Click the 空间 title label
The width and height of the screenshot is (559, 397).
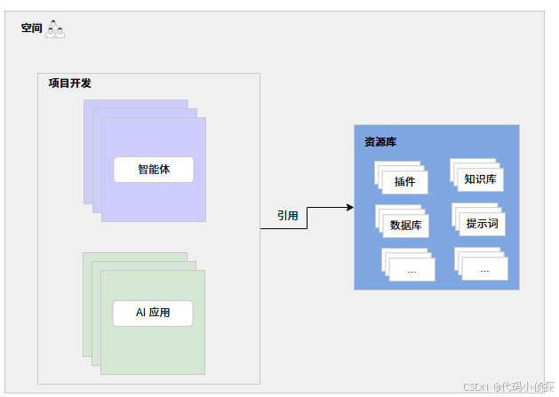[32, 28]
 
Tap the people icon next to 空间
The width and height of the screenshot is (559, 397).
[56, 29]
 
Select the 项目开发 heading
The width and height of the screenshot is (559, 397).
[69, 83]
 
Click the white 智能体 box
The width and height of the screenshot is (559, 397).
[154, 169]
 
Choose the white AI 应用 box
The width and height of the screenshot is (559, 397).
[152, 313]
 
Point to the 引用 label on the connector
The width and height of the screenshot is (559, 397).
[287, 215]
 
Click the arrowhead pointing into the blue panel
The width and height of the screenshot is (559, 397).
[348, 207]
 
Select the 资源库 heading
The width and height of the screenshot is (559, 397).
[380, 141]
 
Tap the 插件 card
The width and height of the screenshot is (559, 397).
[405, 181]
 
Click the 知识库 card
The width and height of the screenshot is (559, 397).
[481, 179]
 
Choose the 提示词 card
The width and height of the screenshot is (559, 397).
[482, 224]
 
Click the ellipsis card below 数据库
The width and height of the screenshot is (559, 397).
[412, 268]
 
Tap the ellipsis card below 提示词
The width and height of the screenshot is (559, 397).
[484, 268]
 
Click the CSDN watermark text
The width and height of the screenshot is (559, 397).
[476, 386]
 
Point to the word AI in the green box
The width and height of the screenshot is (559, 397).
[140, 313]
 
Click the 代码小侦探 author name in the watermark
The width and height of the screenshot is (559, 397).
[526, 386]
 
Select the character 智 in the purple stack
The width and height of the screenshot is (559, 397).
[143, 169]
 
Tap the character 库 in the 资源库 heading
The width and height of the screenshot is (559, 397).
[391, 141]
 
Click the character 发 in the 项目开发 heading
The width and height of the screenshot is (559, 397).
[85, 83]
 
